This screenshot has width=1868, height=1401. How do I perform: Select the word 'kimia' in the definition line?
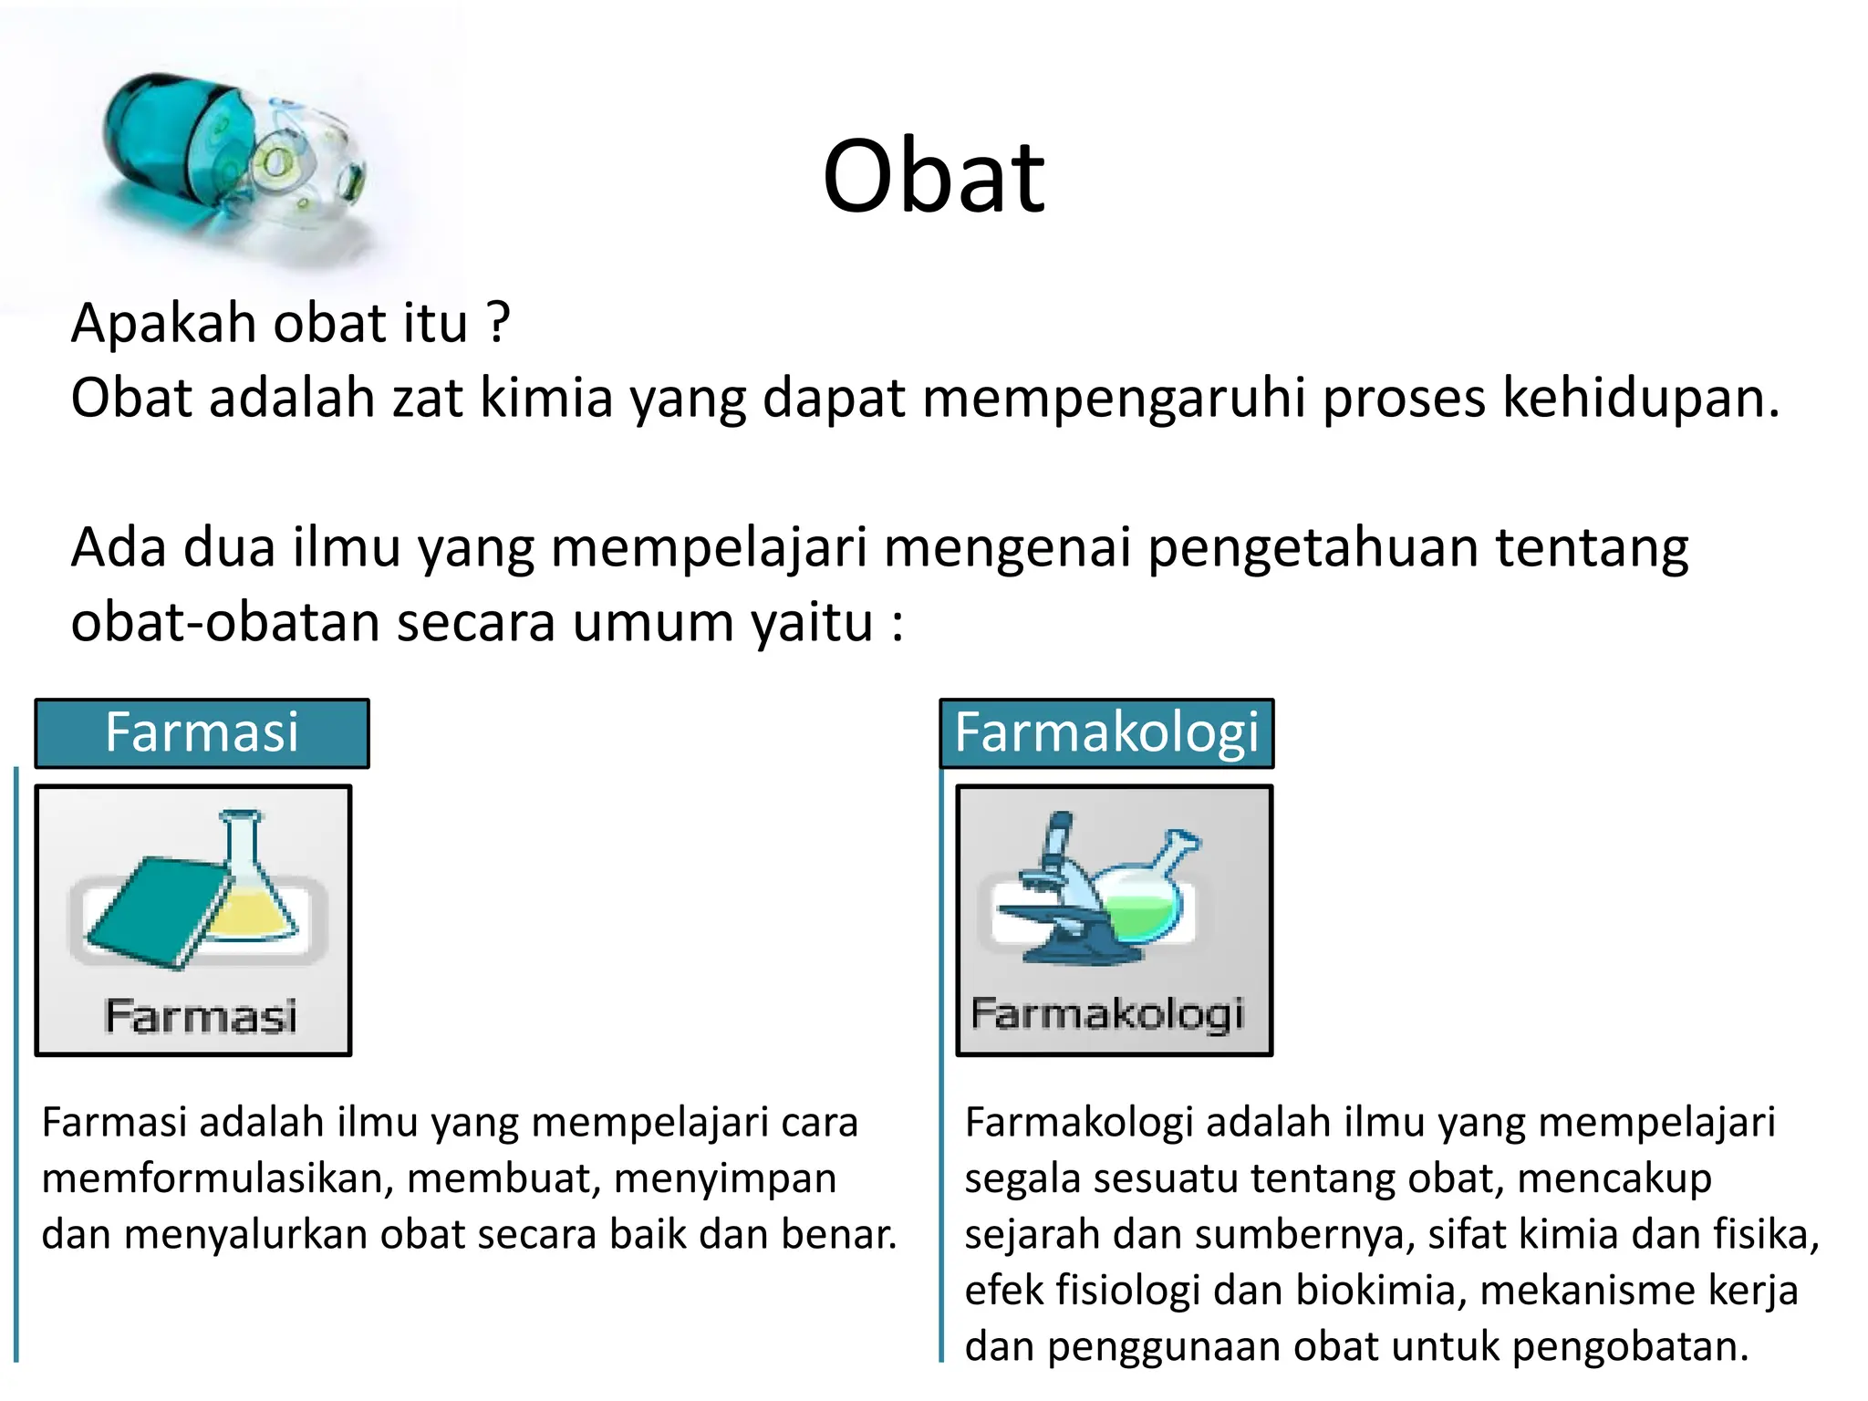(x=545, y=399)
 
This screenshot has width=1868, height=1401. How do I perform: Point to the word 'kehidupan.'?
(x=1640, y=399)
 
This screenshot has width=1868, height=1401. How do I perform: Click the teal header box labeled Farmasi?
(x=202, y=733)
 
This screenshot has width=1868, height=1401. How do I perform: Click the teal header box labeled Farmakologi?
(x=1106, y=733)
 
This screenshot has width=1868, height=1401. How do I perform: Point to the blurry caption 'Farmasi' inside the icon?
(x=201, y=1016)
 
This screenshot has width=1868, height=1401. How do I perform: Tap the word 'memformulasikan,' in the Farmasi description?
(x=217, y=1178)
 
